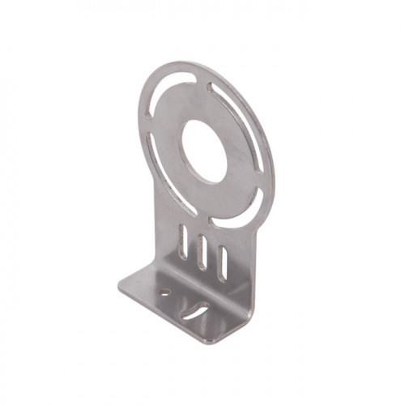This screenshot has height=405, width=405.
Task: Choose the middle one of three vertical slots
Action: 202,252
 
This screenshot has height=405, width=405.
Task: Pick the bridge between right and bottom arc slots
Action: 260,194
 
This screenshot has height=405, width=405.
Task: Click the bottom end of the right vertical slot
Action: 220,279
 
